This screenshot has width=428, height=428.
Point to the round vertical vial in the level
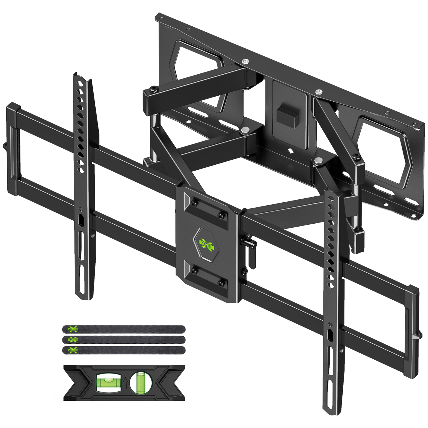click(x=141, y=382)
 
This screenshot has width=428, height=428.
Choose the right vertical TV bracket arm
click(x=333, y=296)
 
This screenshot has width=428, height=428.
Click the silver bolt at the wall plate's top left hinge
click(x=245, y=62)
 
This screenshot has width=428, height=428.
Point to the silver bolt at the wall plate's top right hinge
click(x=319, y=92)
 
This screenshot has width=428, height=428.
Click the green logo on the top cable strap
click(x=73, y=329)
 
